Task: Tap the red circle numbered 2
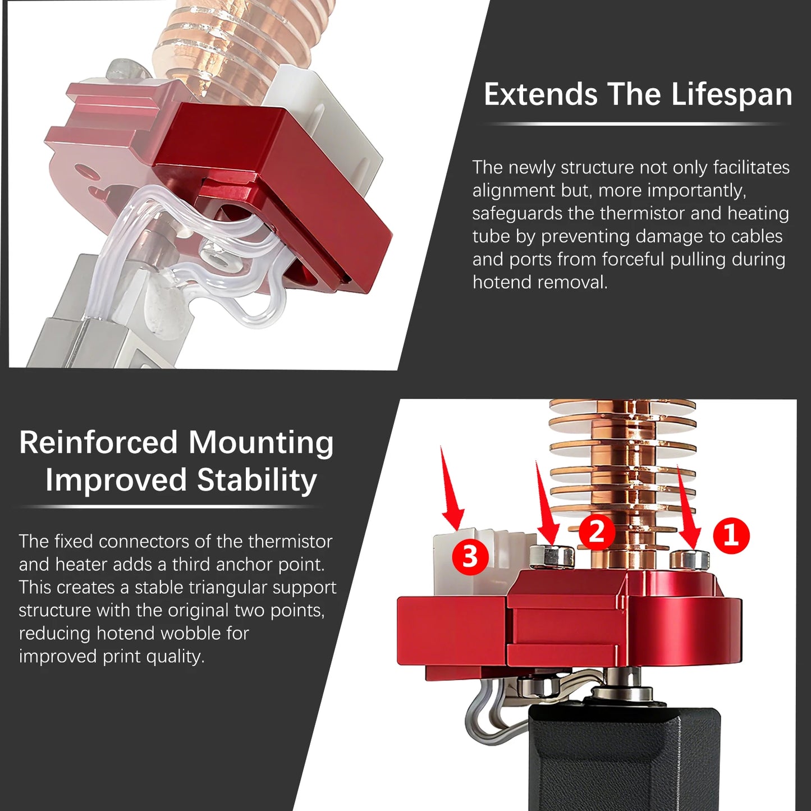[597, 531]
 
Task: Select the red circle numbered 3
[470, 557]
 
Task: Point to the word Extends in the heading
[540, 94]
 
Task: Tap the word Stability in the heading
[257, 480]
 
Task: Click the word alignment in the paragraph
[514, 190]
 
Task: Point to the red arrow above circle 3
[452, 489]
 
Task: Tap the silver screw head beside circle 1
[689, 559]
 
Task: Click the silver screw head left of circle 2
[552, 555]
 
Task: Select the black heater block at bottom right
[623, 758]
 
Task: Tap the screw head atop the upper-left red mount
[128, 69]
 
